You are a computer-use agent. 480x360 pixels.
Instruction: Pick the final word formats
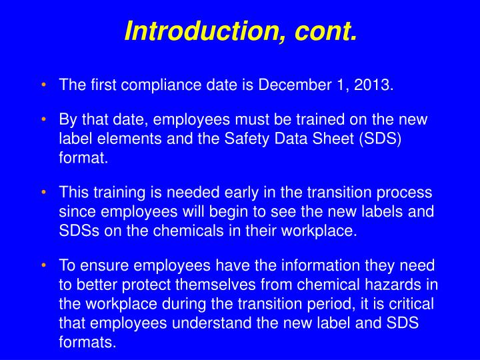(x=87, y=343)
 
